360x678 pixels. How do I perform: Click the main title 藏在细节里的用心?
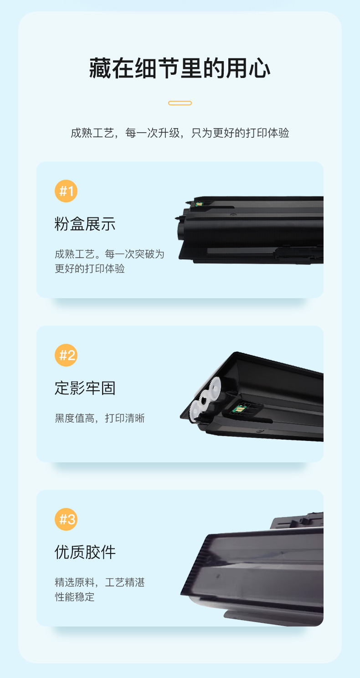coord(180,68)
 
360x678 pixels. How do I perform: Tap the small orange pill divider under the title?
coord(180,103)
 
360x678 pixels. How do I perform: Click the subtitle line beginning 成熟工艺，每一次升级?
coord(180,133)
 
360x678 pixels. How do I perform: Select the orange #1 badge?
coord(66,191)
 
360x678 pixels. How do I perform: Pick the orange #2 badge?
coord(66,355)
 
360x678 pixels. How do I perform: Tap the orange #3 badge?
coord(66,519)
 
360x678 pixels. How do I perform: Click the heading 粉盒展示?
coord(85,224)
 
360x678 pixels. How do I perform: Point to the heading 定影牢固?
coord(85,388)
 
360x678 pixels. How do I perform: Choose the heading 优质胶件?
coord(85,552)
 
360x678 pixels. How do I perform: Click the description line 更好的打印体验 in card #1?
coord(90,269)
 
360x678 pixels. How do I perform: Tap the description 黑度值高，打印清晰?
coord(100,418)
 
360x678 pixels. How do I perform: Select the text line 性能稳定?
coord(75,597)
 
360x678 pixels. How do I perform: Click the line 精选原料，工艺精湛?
coord(100,582)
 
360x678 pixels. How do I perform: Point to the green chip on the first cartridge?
coord(199,204)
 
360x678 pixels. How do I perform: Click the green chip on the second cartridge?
coord(239,409)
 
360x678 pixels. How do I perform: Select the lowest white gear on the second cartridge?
coord(195,411)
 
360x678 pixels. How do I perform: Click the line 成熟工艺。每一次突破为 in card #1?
coord(109,254)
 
